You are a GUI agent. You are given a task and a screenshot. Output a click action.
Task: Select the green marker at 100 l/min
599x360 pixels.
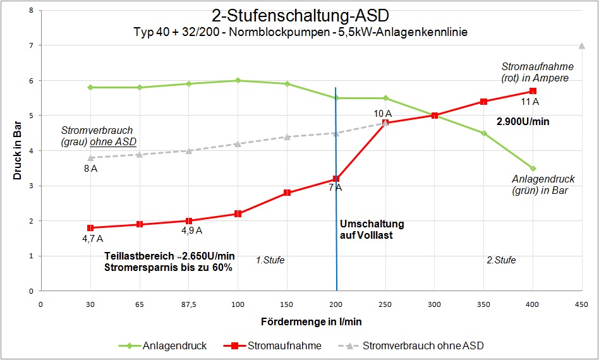(238, 80)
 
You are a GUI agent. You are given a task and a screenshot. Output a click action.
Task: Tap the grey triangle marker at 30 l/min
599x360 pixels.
(90, 158)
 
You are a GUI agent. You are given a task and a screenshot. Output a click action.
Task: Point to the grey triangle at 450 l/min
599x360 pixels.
(582, 45)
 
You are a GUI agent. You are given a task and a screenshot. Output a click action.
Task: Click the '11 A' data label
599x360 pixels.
(529, 102)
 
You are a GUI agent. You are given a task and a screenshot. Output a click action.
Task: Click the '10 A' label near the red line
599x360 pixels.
(383, 114)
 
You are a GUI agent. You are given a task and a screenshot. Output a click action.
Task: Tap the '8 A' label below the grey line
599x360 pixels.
(90, 169)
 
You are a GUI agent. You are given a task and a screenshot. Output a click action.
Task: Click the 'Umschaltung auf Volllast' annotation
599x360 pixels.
(372, 229)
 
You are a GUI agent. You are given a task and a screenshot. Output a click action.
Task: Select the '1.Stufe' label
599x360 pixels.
(270, 260)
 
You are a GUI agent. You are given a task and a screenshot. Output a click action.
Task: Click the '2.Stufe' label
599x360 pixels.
(501, 260)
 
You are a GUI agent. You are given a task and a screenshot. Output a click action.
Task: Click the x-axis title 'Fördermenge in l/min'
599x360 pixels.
(312, 321)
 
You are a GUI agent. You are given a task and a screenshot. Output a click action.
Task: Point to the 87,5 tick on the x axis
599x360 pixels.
(188, 304)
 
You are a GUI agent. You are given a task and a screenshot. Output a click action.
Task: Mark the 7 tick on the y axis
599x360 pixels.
(31, 45)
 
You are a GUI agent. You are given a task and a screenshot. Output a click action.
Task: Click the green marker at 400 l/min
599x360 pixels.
(533, 169)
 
